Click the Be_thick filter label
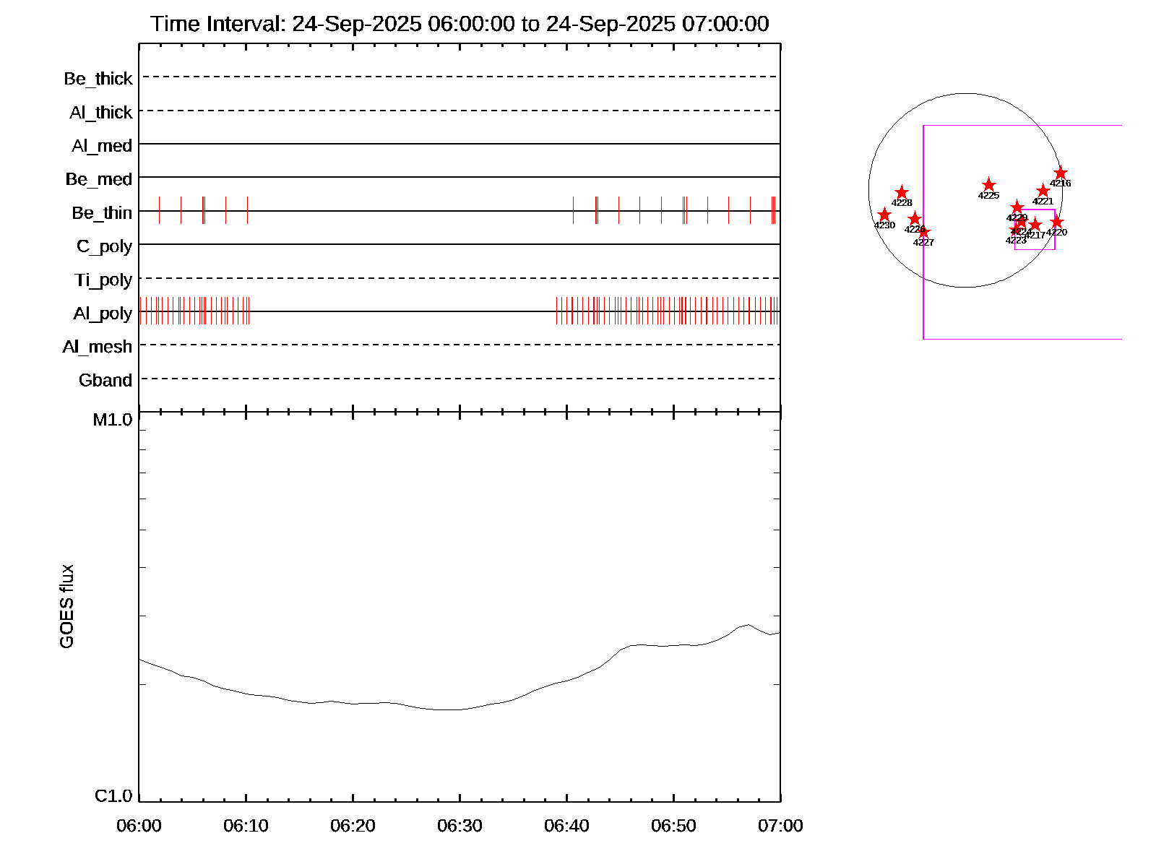[98, 79]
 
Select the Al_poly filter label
[103, 314]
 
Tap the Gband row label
[105, 381]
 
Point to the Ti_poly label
[103, 280]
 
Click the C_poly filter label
[105, 246]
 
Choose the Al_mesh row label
[98, 348]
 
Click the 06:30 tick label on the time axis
[460, 826]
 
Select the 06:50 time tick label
[673, 826]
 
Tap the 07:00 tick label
[780, 826]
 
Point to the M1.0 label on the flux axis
[113, 420]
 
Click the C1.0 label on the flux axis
[113, 796]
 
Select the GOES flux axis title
[66, 606]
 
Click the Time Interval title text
[460, 24]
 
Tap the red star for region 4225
[989, 185]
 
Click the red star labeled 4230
[884, 215]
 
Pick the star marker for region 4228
[902, 192]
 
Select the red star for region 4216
[1061, 173]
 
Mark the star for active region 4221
[1043, 191]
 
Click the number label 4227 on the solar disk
[923, 243]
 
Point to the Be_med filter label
[99, 179]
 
